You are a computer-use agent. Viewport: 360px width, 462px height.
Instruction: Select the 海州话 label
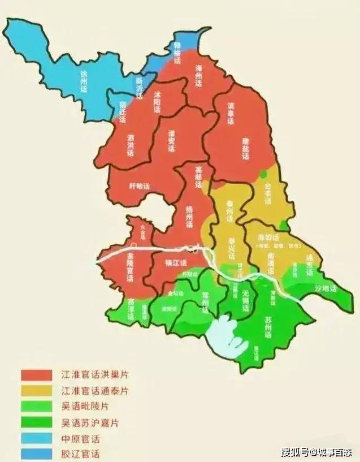(198, 75)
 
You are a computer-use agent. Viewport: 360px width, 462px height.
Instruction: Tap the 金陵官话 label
(131, 268)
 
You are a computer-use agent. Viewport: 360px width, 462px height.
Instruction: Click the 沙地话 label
(325, 288)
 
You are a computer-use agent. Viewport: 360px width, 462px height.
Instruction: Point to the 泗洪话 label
(131, 145)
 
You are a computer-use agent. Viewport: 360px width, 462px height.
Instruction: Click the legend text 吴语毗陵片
(85, 407)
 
